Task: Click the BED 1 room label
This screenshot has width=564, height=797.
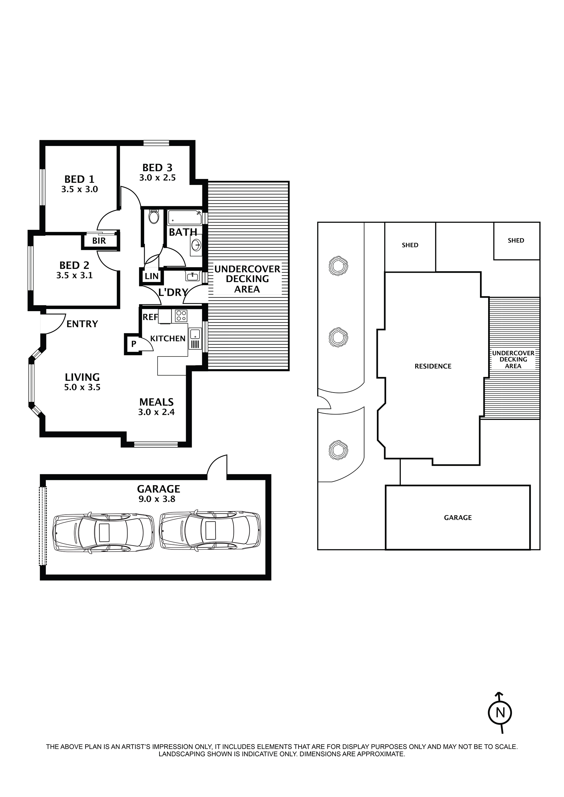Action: tap(79, 179)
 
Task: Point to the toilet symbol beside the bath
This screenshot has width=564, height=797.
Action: tap(153, 217)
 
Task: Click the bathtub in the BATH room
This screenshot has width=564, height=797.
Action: tap(185, 218)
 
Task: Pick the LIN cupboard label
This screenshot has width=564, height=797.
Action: tap(152, 277)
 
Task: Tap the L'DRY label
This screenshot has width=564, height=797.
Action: tap(173, 292)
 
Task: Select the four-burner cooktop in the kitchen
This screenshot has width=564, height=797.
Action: tap(181, 316)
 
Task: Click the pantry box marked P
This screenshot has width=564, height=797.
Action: tap(133, 344)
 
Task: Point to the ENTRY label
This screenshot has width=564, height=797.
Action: tap(82, 324)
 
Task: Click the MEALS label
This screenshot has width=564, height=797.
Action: tap(156, 402)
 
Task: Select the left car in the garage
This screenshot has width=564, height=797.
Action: tap(103, 532)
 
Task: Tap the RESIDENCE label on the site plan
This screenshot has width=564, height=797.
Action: tap(433, 366)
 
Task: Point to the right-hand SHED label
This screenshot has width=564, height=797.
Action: tap(516, 240)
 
